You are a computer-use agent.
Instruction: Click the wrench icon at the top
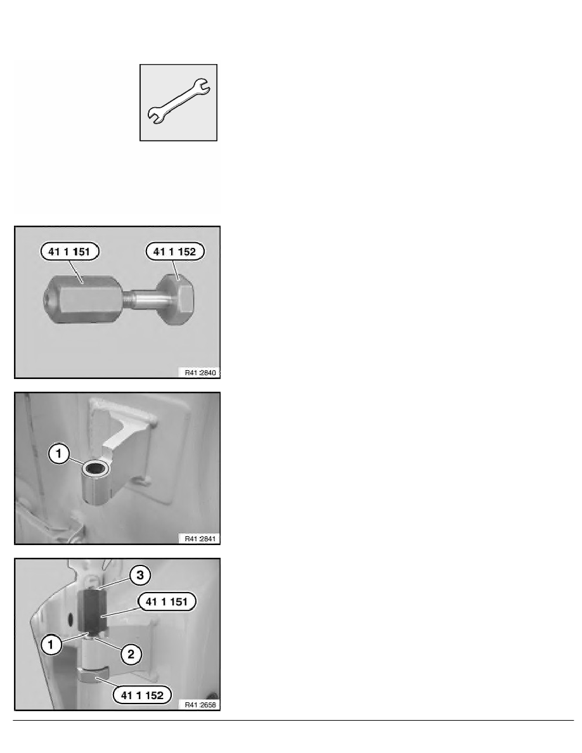pos(179,102)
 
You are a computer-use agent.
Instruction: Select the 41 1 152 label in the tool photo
pos(175,252)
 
